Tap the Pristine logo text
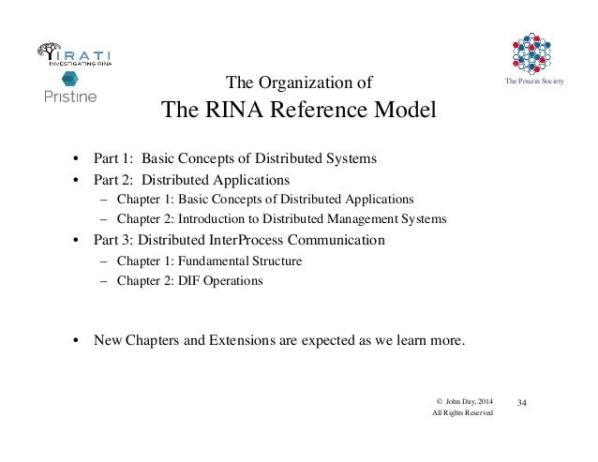point(70,95)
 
